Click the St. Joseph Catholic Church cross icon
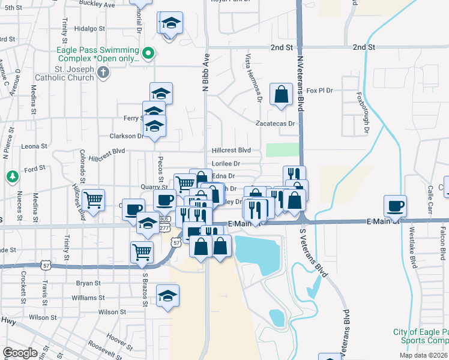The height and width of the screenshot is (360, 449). coord(104,73)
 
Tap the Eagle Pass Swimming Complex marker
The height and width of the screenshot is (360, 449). coord(148,55)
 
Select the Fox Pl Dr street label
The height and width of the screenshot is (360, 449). coord(319,90)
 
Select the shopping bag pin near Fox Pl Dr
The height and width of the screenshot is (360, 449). coord(281,94)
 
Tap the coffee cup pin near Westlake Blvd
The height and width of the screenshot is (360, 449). coord(395,206)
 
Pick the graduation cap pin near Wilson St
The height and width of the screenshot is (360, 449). coord(167,295)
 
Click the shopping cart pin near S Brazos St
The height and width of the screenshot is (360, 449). coord(142,251)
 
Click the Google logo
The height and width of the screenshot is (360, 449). coord(20,353)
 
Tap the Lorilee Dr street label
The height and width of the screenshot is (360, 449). coord(226,163)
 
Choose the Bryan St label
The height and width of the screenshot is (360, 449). coord(88,283)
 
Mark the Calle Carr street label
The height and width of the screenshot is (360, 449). coord(430,198)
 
